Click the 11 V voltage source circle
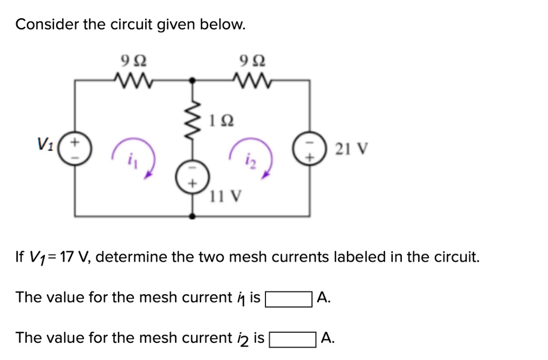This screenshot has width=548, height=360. (x=193, y=177)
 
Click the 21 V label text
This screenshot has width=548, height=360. (x=350, y=148)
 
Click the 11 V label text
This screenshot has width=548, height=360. (x=225, y=197)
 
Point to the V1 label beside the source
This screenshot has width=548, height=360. (x=45, y=144)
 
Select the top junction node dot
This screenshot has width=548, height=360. (x=193, y=81)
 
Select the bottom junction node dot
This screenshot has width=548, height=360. (x=193, y=216)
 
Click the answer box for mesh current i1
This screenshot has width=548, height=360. (x=289, y=298)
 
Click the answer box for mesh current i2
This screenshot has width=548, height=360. (x=292, y=339)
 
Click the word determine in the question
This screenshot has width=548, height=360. (x=131, y=257)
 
